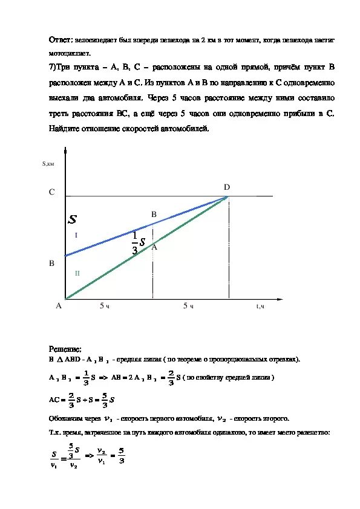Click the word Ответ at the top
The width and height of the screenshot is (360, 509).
click(x=59, y=39)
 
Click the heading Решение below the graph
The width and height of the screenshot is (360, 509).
click(x=64, y=349)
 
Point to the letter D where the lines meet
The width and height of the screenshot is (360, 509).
click(x=227, y=187)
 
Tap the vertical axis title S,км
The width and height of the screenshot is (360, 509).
click(x=48, y=163)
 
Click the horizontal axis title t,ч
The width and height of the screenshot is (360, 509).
click(x=261, y=306)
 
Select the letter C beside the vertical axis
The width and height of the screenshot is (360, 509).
click(x=52, y=192)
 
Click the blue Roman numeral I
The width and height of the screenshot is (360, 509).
click(x=76, y=235)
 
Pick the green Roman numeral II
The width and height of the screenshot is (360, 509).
click(x=77, y=273)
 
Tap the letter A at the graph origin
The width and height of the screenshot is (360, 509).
click(x=59, y=306)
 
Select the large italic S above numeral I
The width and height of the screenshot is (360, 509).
click(x=73, y=218)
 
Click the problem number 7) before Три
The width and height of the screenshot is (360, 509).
click(x=53, y=66)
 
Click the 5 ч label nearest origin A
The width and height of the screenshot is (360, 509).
click(x=105, y=306)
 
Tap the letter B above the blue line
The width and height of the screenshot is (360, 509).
click(x=154, y=215)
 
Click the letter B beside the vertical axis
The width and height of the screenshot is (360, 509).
click(x=52, y=264)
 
